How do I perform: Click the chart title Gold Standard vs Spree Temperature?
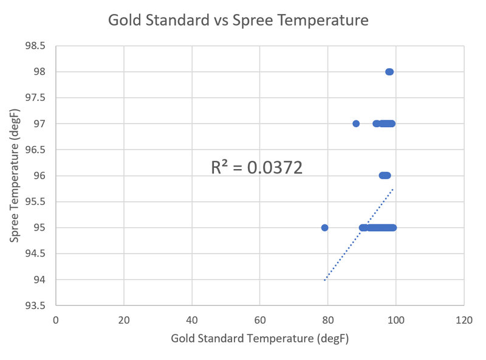pos(238,20)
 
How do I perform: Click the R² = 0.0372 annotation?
pos(256,168)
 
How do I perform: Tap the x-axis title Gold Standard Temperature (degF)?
pos(259,338)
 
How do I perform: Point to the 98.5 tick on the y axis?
pos(34,46)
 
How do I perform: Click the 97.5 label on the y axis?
pos(34,98)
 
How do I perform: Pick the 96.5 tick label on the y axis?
pos(34,150)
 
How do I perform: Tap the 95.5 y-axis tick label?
pos(34,202)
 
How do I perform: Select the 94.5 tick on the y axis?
pos(34,254)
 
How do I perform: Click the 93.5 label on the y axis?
pos(34,305)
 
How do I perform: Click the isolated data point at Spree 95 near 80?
pos(324,227)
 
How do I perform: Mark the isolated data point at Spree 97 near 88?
pos(356,123)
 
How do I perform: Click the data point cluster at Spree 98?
pos(389,72)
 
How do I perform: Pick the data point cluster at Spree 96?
pos(385,176)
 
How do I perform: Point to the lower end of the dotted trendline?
pos(325,280)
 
